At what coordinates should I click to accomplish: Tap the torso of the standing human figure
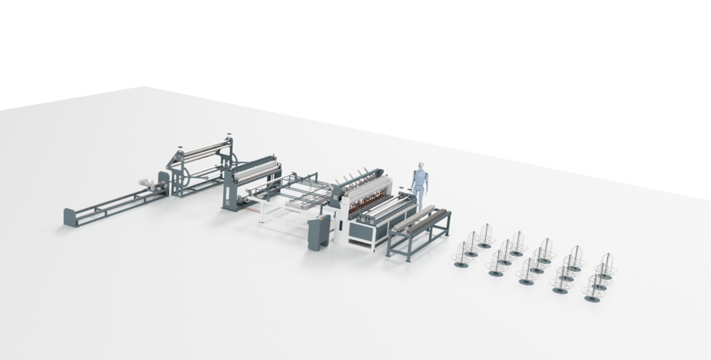point(421,180)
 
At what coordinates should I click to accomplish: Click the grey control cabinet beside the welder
point(319,233)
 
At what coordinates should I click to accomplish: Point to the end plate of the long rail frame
point(70,217)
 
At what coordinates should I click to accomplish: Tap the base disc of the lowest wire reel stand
point(592,299)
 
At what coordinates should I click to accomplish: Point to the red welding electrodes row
point(367,201)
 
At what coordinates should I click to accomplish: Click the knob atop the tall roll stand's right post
point(229,136)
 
